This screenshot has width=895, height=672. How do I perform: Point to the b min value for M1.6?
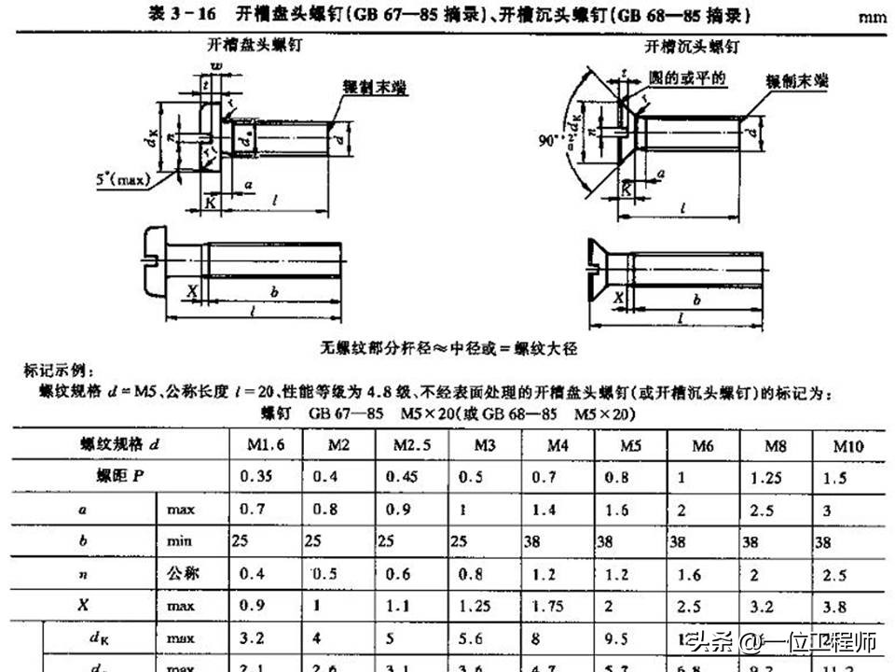coord(241,541)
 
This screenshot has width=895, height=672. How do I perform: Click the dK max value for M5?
coord(631,640)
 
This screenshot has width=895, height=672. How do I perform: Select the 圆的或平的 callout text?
coord(687,78)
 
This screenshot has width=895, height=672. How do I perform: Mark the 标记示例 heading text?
coord(57,371)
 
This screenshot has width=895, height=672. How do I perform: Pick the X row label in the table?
coord(84,605)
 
